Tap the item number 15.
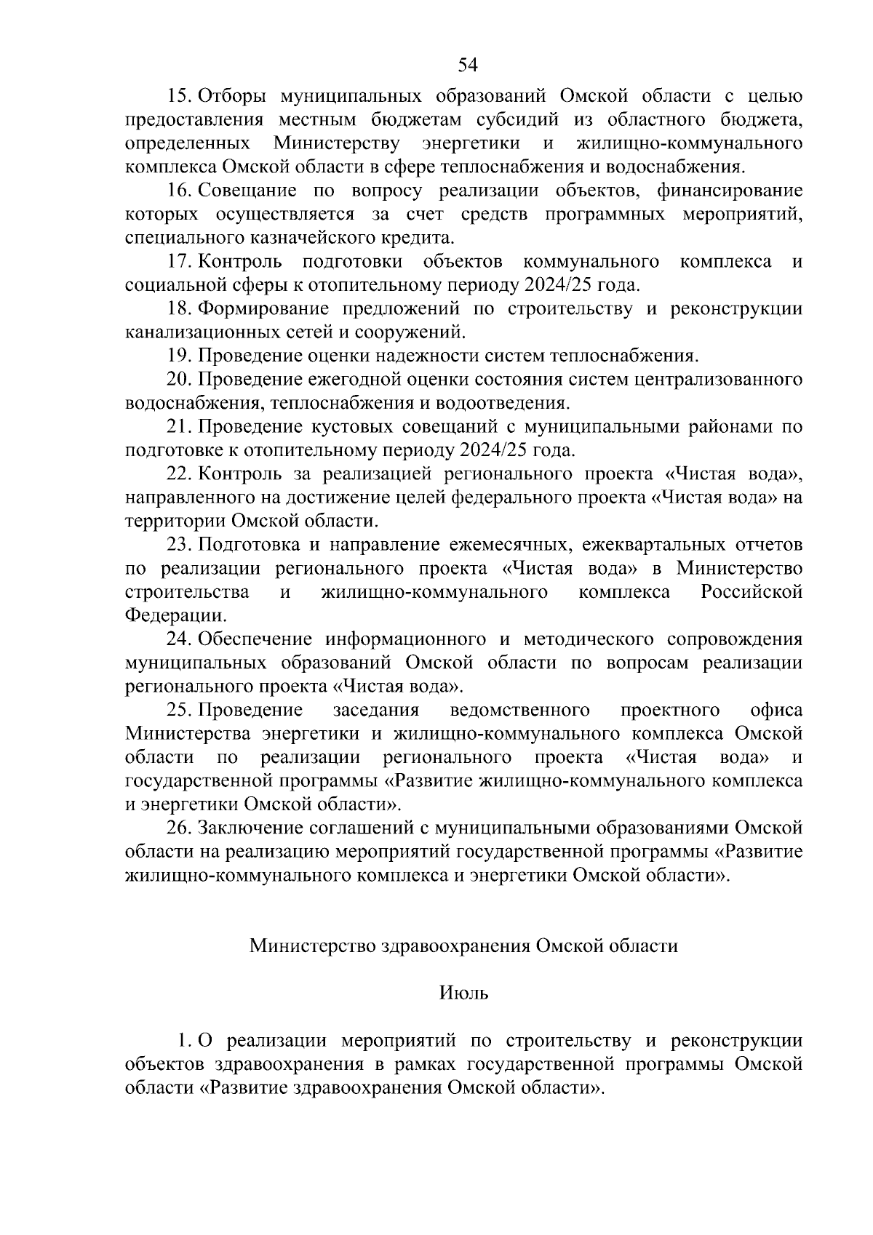[x=180, y=96]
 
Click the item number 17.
[x=180, y=261]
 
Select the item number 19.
[x=180, y=356]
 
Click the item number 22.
[x=180, y=474]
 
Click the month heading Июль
[x=464, y=993]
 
